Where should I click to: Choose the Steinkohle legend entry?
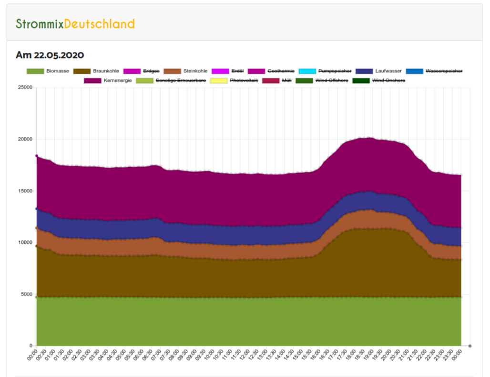[x=195, y=71]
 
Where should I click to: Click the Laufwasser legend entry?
[x=388, y=71]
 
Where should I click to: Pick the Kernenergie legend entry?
[x=117, y=80]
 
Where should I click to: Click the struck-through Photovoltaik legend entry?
[x=243, y=80]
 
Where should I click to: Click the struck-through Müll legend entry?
[x=286, y=80]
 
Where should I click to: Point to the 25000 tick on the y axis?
[x=25, y=88]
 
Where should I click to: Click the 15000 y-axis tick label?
[x=25, y=191]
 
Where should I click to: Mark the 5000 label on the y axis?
[x=27, y=294]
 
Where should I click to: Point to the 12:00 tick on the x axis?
[x=246, y=355]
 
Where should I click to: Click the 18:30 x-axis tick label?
[x=361, y=355]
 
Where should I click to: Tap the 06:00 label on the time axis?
[x=141, y=355]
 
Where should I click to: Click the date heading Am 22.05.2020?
[x=50, y=55]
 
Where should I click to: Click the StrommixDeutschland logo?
[x=75, y=24]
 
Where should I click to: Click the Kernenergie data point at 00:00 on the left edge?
[x=37, y=156]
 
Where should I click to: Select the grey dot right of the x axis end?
[x=470, y=346]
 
